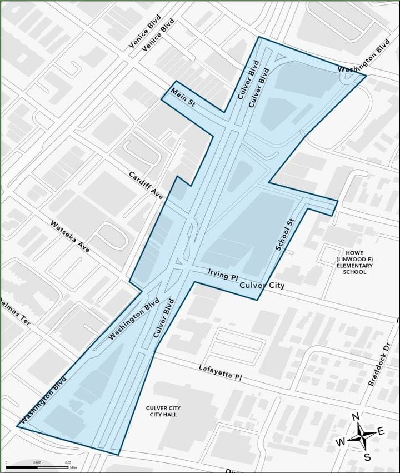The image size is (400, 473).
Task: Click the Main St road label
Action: [x=182, y=98]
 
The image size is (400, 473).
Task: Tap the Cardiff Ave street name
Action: [x=146, y=185]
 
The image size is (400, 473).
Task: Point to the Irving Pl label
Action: [x=222, y=276]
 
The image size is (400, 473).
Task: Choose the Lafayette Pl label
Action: [x=221, y=372]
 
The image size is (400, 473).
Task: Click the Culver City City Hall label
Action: [x=163, y=411]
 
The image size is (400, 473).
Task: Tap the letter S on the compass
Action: [x=367, y=457]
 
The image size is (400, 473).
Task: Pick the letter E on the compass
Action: [x=381, y=431]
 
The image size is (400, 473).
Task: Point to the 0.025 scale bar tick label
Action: [x=37, y=462]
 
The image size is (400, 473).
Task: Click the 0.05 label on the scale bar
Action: [x=67, y=462]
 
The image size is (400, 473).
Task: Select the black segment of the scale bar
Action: [x=21, y=467]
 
